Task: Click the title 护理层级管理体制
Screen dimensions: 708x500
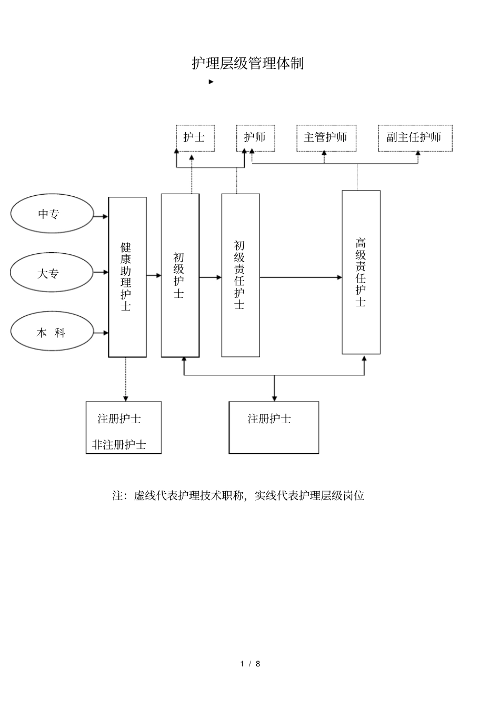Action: click(x=248, y=64)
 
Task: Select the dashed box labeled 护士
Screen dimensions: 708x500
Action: click(x=195, y=138)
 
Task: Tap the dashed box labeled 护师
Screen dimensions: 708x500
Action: click(x=255, y=138)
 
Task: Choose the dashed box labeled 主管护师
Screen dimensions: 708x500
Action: click(x=326, y=138)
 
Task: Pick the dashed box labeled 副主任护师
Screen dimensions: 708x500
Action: click(x=415, y=138)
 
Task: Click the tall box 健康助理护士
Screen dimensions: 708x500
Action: click(x=127, y=277)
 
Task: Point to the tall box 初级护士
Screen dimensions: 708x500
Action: click(x=180, y=275)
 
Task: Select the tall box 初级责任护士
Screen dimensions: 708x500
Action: click(x=240, y=275)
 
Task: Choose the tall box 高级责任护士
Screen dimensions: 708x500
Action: click(x=361, y=272)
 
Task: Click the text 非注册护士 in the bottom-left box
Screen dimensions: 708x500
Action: click(x=119, y=445)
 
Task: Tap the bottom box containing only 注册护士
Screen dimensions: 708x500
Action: click(x=274, y=427)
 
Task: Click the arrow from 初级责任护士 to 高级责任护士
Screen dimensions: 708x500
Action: click(x=301, y=277)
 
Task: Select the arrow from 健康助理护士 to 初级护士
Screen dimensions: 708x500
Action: click(x=154, y=275)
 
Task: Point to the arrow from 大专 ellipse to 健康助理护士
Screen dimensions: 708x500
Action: click(x=101, y=273)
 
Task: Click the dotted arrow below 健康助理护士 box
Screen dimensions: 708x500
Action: click(x=126, y=380)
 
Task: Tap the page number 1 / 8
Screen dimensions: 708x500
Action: click(x=251, y=664)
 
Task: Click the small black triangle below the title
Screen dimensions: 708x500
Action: click(x=211, y=82)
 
